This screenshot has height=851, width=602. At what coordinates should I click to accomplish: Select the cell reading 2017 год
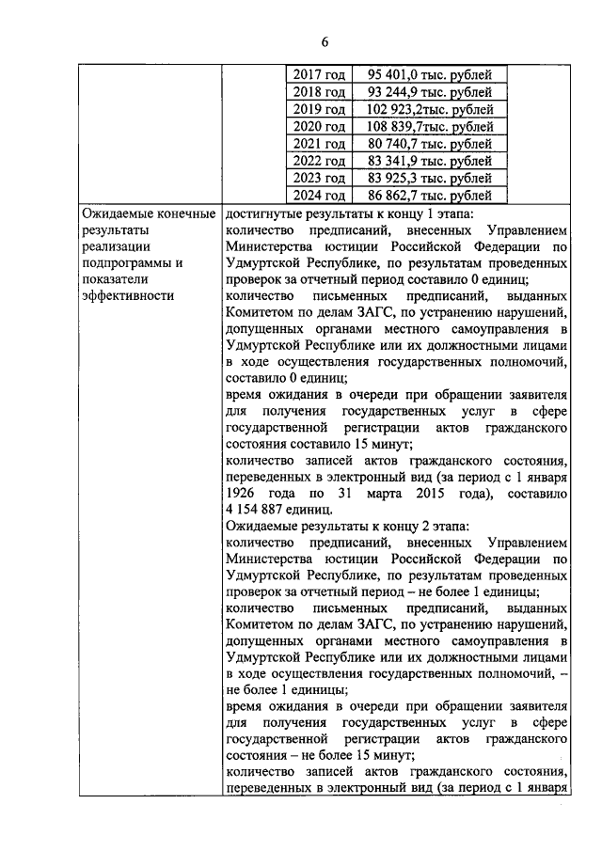pos(319,74)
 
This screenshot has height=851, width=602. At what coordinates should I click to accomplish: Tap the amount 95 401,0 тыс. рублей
pos(430,74)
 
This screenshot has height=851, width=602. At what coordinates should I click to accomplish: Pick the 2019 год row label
pos(319,109)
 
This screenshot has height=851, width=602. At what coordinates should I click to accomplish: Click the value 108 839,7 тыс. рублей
pos(430,126)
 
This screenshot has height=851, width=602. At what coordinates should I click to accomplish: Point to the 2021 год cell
pos(319,144)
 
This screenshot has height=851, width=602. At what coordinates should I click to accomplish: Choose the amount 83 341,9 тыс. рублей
pos(430,161)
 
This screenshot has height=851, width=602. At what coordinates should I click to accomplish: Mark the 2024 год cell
pos(319,196)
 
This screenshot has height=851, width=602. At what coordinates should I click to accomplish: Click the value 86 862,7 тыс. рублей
pos(430,196)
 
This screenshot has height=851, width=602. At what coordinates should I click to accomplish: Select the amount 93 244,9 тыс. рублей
pos(430,92)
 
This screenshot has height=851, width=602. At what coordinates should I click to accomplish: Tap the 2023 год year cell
pos(319,178)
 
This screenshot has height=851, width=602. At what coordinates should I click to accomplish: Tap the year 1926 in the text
pos(243,492)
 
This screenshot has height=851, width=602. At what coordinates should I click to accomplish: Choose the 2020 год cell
pos(319,126)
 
